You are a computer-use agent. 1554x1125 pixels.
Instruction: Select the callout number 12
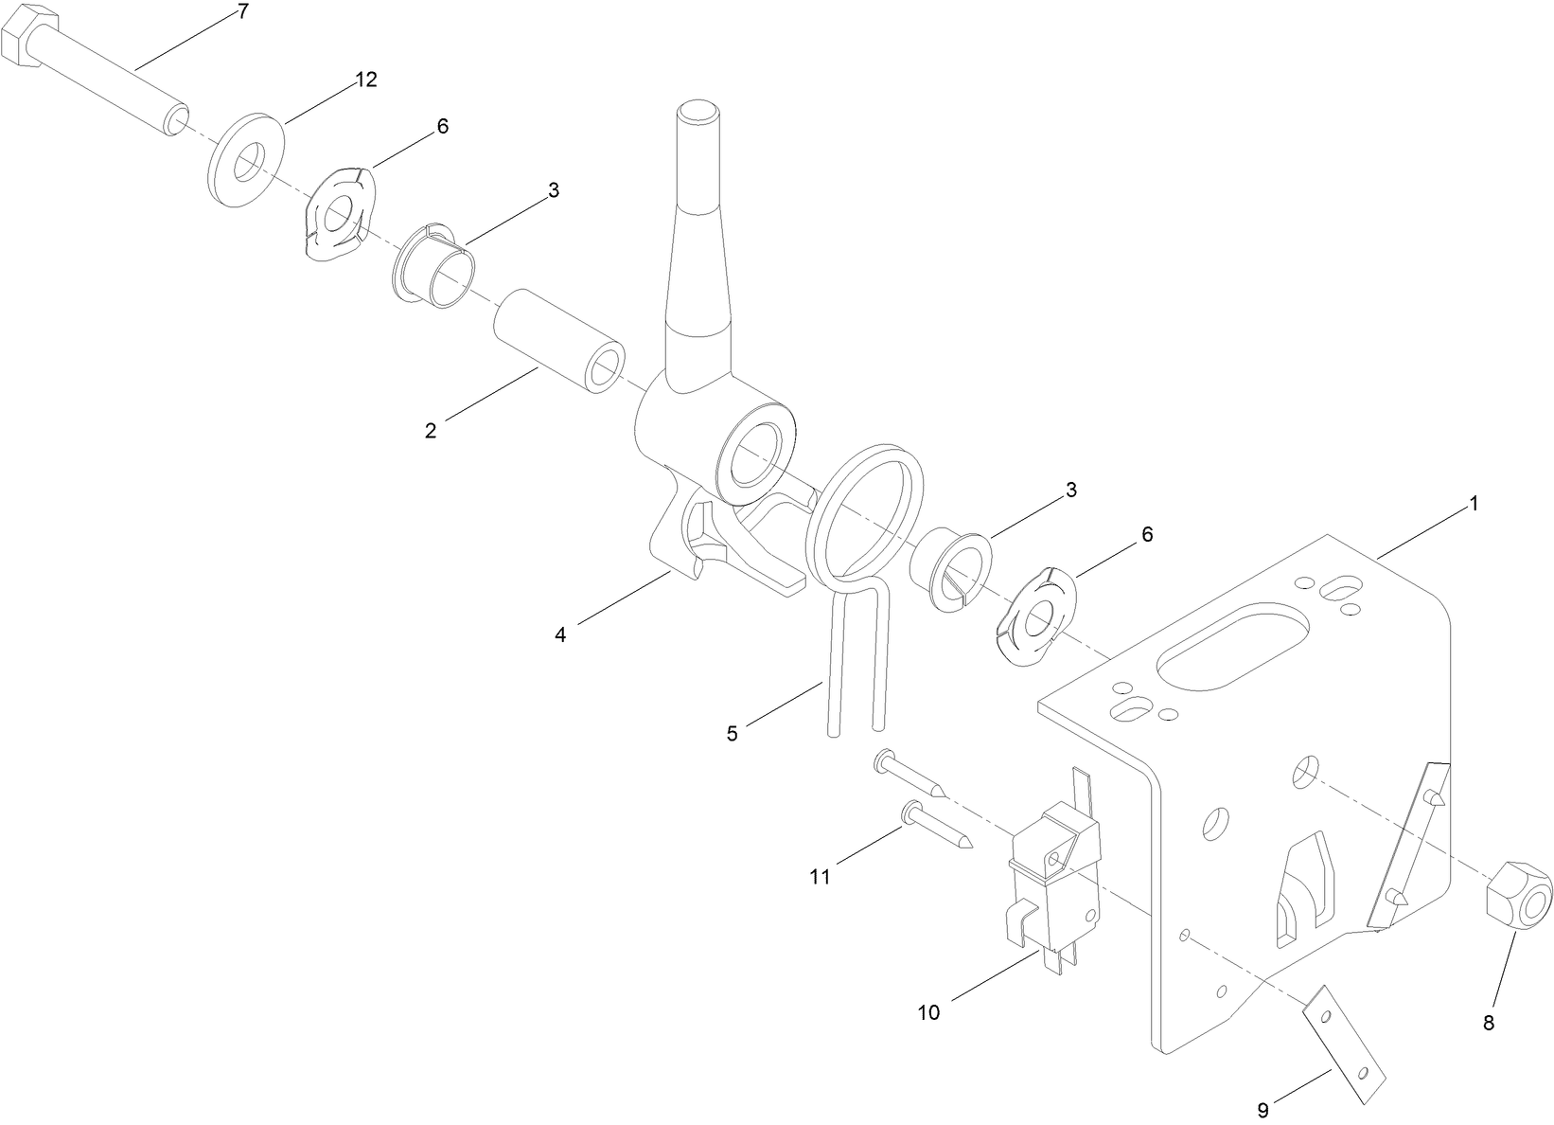[x=366, y=80]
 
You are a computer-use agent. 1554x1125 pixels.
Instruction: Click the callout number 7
[x=243, y=11]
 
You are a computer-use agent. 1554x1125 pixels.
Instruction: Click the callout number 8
[x=1490, y=1023]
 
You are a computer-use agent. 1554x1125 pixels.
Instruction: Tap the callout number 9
[x=1263, y=1109]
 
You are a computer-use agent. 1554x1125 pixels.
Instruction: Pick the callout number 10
[x=928, y=1012]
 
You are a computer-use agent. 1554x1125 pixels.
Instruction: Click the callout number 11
[x=820, y=877]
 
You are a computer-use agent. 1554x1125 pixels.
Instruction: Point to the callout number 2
[x=431, y=431]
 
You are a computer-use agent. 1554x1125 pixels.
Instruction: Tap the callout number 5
[x=732, y=733]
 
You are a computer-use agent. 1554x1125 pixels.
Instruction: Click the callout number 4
[x=560, y=635]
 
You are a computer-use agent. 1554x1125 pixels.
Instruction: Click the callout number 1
[x=1473, y=504]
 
